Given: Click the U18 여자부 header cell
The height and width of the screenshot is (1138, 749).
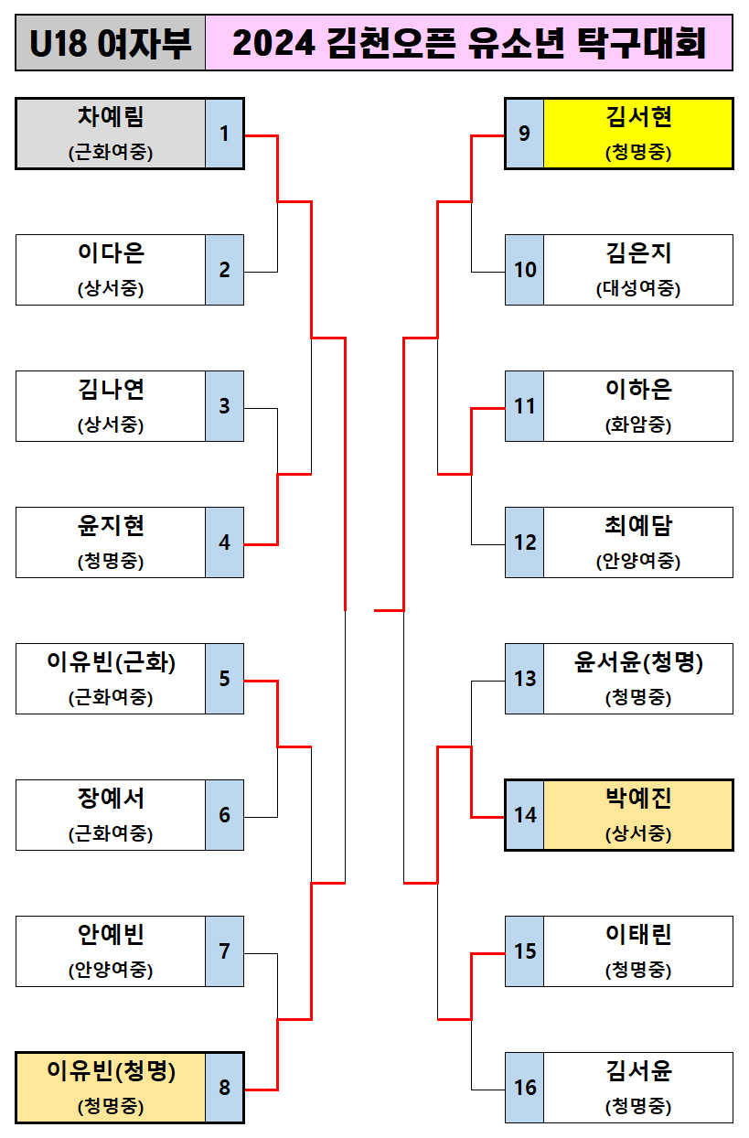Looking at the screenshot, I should click(x=111, y=43).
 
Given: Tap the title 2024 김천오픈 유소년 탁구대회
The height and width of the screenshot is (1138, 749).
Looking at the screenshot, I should click(x=469, y=43).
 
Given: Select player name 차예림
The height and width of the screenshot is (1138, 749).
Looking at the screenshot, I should click(x=111, y=117).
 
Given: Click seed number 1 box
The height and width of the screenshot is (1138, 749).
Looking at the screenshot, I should click(x=224, y=134).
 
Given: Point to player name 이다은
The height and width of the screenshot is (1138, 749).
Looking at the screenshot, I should click(x=111, y=253).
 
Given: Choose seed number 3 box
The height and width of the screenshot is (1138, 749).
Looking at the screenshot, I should click(x=224, y=406).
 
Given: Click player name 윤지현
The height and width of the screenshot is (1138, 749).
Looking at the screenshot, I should click(x=111, y=526).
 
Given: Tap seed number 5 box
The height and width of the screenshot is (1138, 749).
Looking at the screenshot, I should click(x=224, y=679).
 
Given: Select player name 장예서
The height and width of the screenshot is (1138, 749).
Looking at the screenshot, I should click(x=111, y=799).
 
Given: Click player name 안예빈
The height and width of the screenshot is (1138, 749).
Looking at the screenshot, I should click(x=111, y=935).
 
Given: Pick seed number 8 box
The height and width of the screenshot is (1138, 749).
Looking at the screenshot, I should click(x=224, y=1088).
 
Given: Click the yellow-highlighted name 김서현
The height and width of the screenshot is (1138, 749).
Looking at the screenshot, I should click(x=638, y=117).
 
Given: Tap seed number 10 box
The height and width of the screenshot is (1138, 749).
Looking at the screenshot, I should click(x=525, y=270).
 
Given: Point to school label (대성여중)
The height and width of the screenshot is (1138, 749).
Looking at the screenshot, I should click(x=638, y=289).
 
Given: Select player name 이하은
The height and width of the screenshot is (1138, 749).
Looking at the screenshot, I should click(x=638, y=390).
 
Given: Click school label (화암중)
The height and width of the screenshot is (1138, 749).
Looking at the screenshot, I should click(x=638, y=425).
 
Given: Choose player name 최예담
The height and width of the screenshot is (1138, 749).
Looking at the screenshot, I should click(x=638, y=526).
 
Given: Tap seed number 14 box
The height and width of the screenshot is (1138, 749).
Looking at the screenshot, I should click(x=525, y=815).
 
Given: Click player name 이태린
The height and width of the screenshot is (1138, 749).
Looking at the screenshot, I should click(x=638, y=935).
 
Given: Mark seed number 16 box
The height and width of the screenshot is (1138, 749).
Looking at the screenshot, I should click(x=525, y=1088).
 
